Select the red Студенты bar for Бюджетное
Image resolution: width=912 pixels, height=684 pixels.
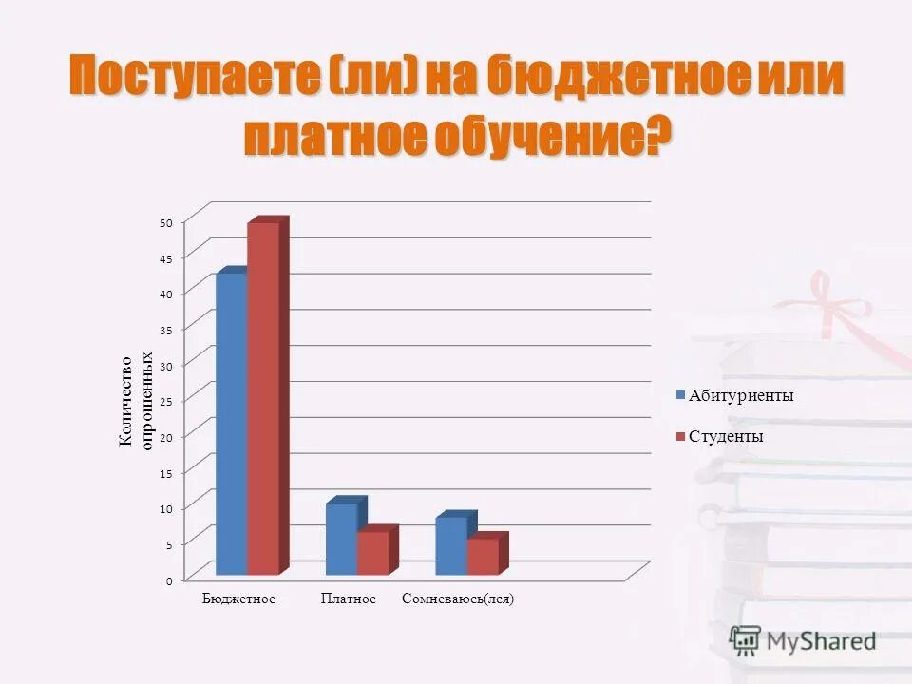point(263,399)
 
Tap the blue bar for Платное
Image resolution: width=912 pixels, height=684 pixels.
point(341,539)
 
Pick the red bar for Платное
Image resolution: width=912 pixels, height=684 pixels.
point(372,553)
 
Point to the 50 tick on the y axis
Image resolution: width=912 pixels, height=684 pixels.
point(165,222)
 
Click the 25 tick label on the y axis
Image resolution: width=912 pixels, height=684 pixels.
point(165,402)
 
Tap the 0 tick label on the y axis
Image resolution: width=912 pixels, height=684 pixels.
point(169,580)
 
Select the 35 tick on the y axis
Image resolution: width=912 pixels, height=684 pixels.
point(165,330)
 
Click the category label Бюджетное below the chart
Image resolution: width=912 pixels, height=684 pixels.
point(238,599)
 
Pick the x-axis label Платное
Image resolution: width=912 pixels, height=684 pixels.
point(349,599)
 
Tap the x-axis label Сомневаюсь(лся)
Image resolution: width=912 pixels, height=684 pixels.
point(458,599)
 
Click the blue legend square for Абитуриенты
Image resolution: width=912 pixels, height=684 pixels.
point(680,395)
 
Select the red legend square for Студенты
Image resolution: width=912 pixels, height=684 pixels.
point(680,437)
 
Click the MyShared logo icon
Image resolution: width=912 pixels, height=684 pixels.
point(746,640)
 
